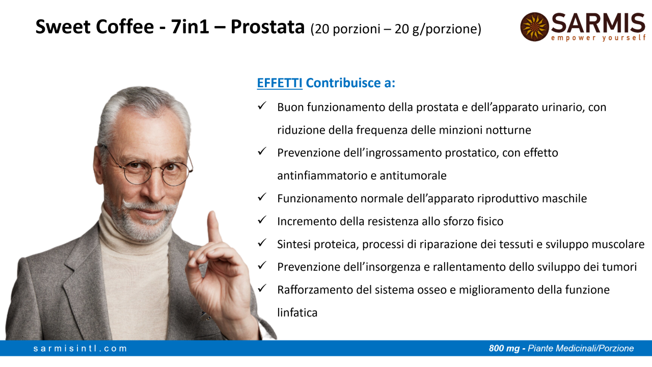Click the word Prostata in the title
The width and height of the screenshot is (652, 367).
(x=267, y=27)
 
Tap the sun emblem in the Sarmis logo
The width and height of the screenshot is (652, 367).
(x=535, y=27)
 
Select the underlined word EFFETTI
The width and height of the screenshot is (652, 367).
(x=280, y=83)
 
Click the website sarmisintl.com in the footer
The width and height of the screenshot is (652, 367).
(x=80, y=348)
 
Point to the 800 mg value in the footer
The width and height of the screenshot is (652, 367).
(x=504, y=348)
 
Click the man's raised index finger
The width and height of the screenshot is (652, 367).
(x=214, y=227)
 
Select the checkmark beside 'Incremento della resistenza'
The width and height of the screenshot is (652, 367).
(x=262, y=220)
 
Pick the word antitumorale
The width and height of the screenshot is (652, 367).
(x=413, y=176)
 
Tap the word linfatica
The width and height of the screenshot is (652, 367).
(x=297, y=312)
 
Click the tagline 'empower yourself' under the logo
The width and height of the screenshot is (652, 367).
(x=598, y=38)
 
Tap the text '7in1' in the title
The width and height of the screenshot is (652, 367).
(x=190, y=27)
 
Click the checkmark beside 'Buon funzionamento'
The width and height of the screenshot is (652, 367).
(x=262, y=106)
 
